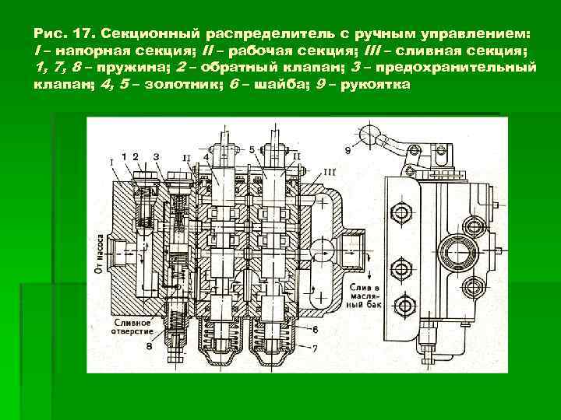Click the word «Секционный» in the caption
[162, 35]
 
